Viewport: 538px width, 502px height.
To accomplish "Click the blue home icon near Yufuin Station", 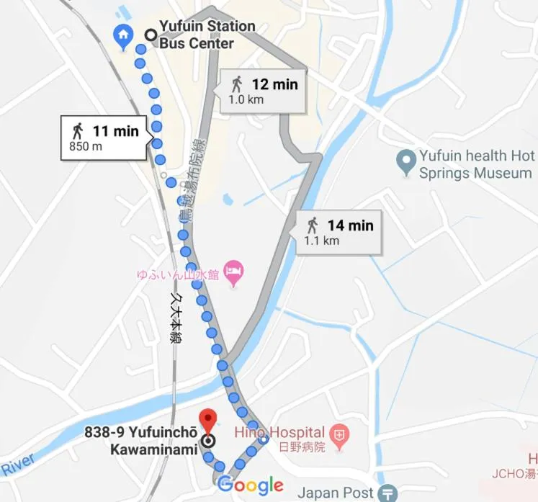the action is [123, 35].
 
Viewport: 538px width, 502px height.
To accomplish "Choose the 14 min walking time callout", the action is [339, 232].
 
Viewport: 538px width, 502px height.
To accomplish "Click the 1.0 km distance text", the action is [246, 100].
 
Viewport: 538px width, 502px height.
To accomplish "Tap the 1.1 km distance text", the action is [322, 241].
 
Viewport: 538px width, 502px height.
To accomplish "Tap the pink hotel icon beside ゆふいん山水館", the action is [233, 273].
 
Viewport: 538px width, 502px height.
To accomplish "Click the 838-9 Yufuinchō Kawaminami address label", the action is [141, 441].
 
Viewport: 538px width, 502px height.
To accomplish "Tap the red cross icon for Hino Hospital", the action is [339, 434].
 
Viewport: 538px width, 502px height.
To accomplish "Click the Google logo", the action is [250, 485].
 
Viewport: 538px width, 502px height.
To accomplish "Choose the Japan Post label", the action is [335, 493].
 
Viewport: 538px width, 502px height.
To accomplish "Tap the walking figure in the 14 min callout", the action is [312, 225].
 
